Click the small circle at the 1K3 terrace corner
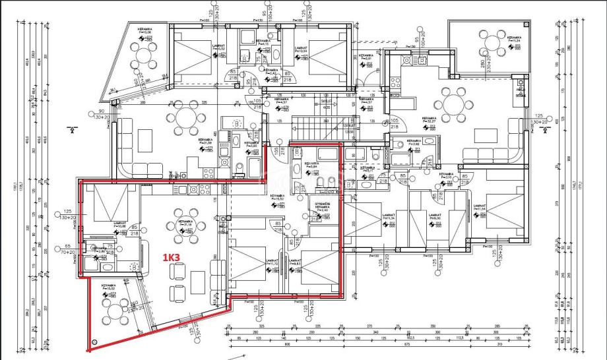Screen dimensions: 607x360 click(95, 342)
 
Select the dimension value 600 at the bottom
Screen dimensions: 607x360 click(287, 344)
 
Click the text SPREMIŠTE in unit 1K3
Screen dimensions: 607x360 click(323, 203)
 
